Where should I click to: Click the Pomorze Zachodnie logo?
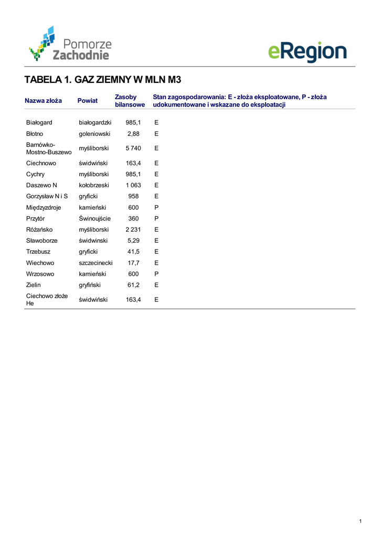[70, 44]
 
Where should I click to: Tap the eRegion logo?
[307, 52]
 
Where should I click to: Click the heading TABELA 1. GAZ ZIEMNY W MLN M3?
[103, 80]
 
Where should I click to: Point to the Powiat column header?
[88, 101]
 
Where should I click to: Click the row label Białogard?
[39, 122]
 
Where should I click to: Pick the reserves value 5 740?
[133, 148]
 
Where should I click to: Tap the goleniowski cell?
[94, 134]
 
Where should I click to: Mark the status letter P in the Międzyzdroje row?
[156, 208]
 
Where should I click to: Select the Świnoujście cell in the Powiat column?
[95, 219]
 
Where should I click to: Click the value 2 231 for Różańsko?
[133, 230]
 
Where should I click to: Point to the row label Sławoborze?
[42, 241]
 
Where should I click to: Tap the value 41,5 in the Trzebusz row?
[133, 252]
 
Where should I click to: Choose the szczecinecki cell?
[96, 263]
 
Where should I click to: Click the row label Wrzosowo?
[40, 274]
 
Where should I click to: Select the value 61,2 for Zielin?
[133, 285]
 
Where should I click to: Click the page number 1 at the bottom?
[361, 521]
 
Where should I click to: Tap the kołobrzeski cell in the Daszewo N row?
[94, 185]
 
